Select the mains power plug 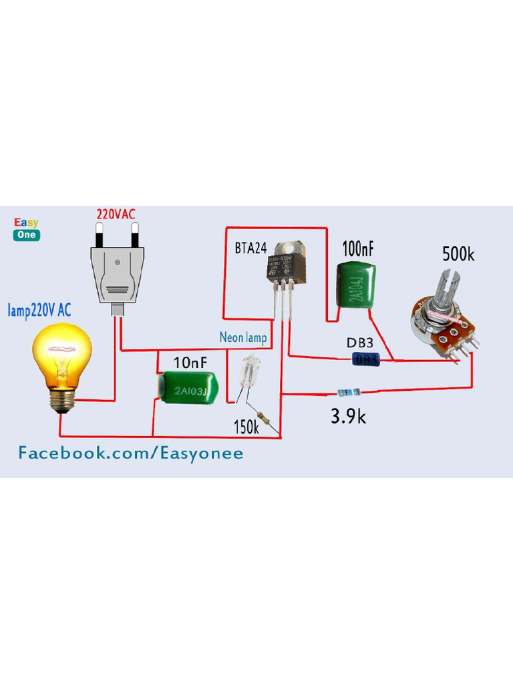pyautogui.click(x=118, y=267)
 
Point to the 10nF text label pyautogui.click(x=190, y=363)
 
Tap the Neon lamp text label pyautogui.click(x=243, y=338)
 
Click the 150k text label pyautogui.click(x=246, y=427)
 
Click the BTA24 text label pyautogui.click(x=250, y=248)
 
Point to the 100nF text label pyautogui.click(x=358, y=250)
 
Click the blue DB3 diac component pyautogui.click(x=366, y=360)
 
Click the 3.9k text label pyautogui.click(x=348, y=417)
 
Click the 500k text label pyautogui.click(x=458, y=254)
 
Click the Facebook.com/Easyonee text pyautogui.click(x=130, y=454)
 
